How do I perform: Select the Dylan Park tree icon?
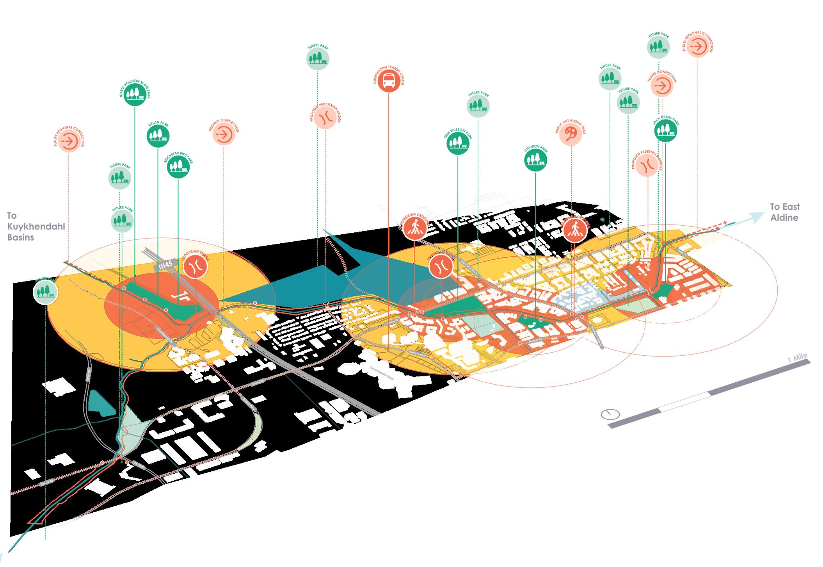pos(158,136)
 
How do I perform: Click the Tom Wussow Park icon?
pos(458,143)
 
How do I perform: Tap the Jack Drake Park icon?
pos(665,130)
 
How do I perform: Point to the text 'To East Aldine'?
pos(784,212)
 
